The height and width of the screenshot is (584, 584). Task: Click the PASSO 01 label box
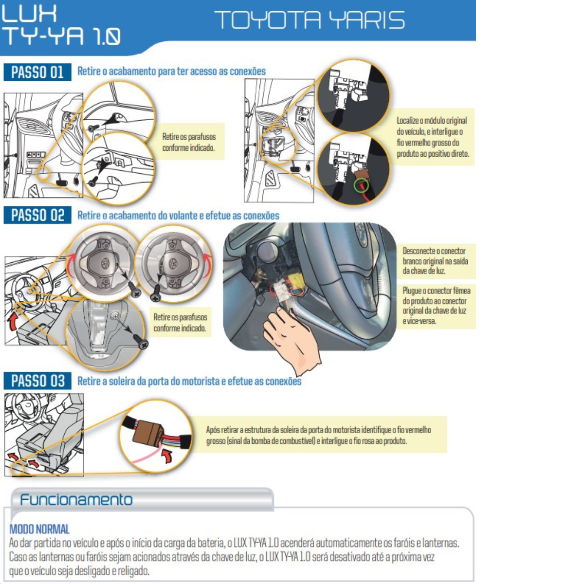click(37, 72)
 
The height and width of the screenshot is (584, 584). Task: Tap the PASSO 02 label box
click(37, 215)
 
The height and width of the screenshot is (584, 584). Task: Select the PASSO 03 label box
click(37, 381)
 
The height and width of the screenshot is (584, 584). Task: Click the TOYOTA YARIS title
click(310, 20)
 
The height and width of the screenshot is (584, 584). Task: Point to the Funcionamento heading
click(76, 499)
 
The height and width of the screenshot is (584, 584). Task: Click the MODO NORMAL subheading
click(39, 529)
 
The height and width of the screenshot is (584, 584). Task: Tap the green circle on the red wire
click(361, 184)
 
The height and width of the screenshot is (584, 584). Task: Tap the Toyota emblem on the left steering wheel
click(105, 262)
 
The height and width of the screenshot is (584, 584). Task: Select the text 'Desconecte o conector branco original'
click(435, 256)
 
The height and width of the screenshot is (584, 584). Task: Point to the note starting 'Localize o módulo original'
click(433, 137)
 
